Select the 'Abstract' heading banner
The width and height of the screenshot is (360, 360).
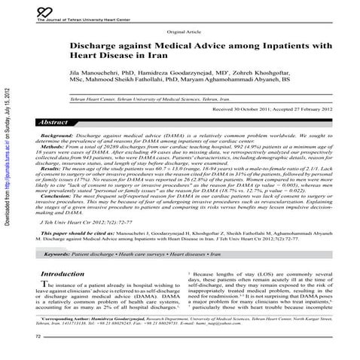[60, 122]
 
